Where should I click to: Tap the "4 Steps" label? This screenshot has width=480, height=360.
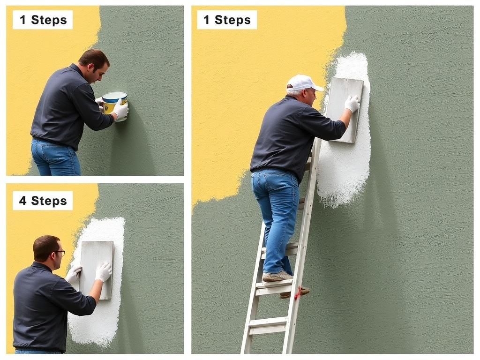tap(43, 201)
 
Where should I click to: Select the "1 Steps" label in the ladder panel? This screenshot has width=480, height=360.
tap(227, 20)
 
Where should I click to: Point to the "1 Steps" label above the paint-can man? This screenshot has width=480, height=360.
tap(43, 20)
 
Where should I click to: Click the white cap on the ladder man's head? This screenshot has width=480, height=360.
tap(303, 82)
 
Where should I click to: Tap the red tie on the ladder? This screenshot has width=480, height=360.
tap(297, 293)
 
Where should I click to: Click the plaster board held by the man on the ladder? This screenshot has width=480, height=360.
tap(344, 110)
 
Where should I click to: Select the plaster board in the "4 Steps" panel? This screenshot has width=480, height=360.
tap(96, 270)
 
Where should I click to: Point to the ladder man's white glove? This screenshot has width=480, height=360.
tap(352, 104)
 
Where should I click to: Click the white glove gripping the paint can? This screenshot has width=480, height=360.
tap(120, 110)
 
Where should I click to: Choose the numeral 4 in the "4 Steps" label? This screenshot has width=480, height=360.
tap(22, 201)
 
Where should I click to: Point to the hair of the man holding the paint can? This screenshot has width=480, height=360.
tap(93, 59)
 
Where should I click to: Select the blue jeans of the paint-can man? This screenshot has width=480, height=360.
tap(55, 157)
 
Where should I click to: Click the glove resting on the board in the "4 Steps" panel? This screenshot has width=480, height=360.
tap(103, 271)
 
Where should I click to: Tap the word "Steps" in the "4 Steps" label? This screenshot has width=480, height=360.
tap(49, 201)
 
